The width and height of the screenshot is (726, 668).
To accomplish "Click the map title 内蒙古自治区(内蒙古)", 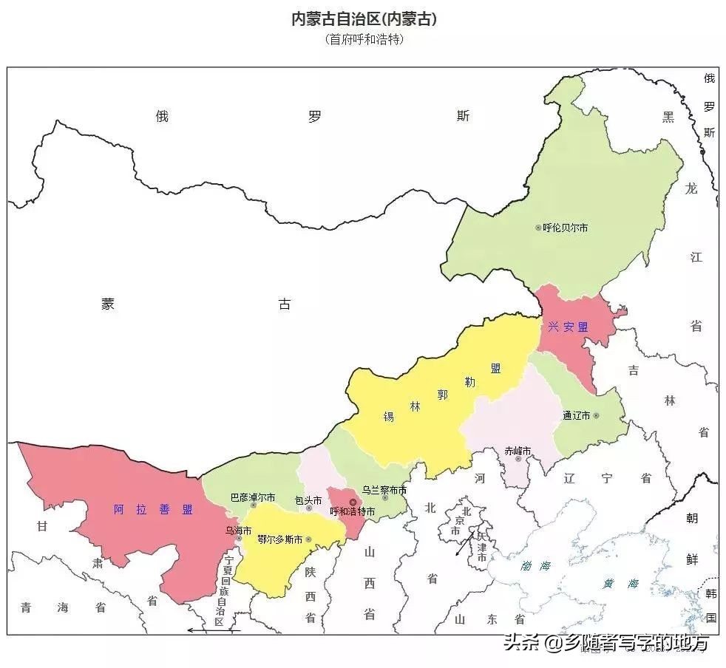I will (364, 19).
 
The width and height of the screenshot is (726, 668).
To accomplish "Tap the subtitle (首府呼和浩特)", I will (364, 40).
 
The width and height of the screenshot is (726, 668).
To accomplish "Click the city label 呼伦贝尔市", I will (566, 228).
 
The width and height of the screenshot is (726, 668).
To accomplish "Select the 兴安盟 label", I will (568, 327).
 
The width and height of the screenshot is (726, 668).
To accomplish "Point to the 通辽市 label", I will (576, 416).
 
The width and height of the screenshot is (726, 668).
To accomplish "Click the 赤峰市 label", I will (518, 449).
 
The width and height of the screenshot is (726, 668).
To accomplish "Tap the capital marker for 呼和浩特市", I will (353, 502).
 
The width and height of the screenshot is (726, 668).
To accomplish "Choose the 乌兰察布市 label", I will (384, 490).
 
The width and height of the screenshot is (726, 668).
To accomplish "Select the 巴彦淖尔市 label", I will (252, 497).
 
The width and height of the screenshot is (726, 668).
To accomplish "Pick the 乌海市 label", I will (238, 531).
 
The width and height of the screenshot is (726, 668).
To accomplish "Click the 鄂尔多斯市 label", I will (279, 540).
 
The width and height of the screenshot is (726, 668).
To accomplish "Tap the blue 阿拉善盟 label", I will (153, 509).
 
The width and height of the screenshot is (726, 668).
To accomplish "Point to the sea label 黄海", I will (620, 583).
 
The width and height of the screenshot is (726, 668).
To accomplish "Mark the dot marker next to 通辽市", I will (596, 416).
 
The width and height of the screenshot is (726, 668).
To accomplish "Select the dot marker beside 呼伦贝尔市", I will (538, 228).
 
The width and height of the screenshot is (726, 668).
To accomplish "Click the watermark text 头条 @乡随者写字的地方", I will (605, 643).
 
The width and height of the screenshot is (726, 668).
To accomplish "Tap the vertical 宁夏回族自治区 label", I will (220, 591).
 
